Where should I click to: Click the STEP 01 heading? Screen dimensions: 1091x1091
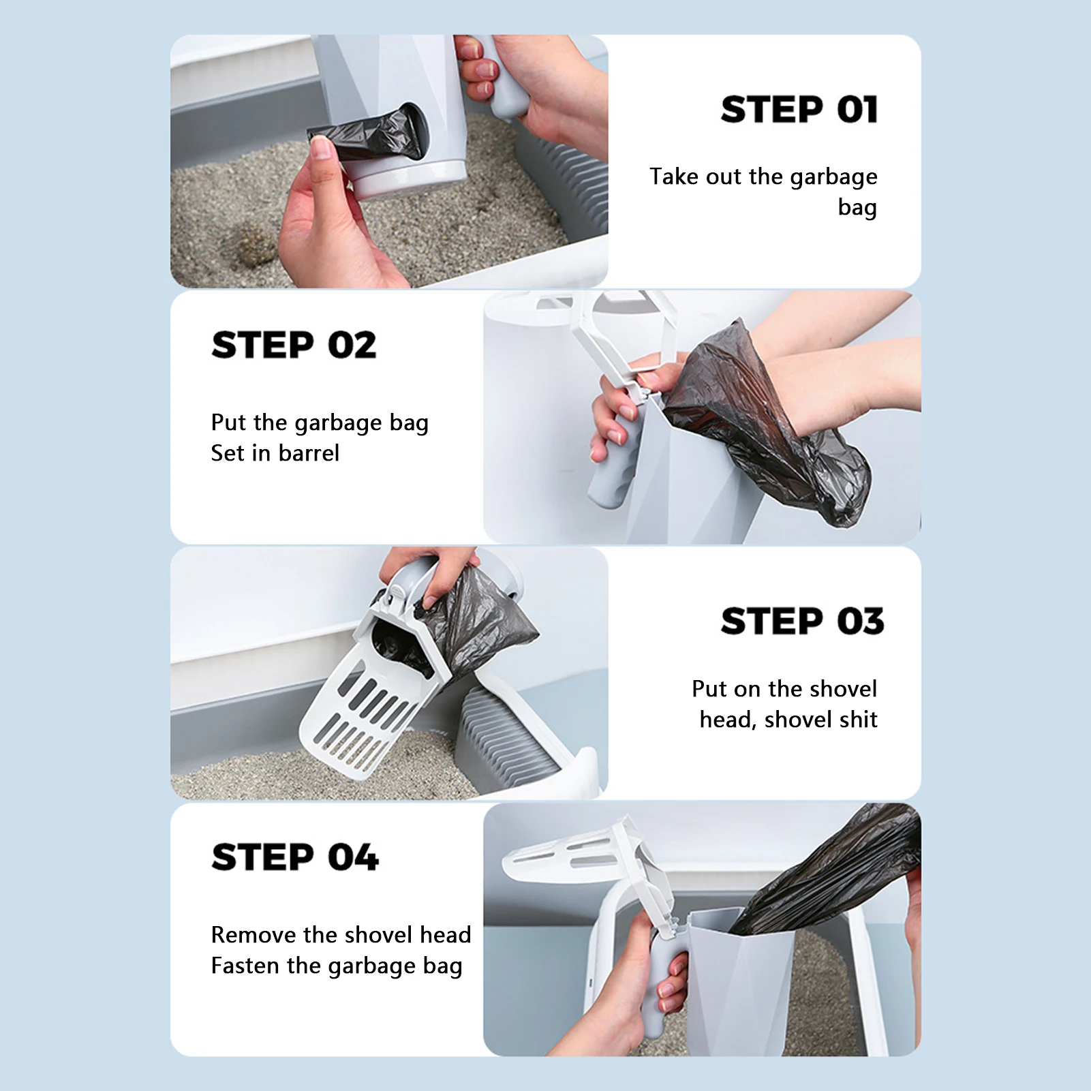point(799,110)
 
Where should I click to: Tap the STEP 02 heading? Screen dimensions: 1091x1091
point(294,345)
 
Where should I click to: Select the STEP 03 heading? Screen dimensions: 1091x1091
point(802,621)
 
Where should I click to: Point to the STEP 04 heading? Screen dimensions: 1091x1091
point(294,857)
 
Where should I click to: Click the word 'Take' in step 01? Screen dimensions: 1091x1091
point(674,176)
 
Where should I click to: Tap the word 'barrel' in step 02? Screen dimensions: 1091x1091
point(309,453)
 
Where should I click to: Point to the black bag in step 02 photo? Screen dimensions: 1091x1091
point(767,422)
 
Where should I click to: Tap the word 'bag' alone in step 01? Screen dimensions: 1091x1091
point(857,207)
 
